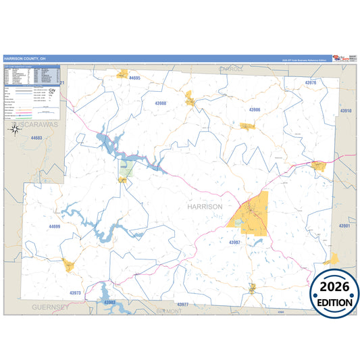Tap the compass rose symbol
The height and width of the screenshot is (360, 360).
[x=14, y=128]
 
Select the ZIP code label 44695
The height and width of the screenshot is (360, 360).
[x=134, y=78]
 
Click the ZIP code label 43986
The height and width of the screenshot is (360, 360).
[x=255, y=109]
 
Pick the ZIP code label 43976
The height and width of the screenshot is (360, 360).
[x=310, y=82]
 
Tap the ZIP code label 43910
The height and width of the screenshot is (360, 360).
[x=345, y=110]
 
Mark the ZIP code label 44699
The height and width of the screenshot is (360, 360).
[x=55, y=226]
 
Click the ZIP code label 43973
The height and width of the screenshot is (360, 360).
[x=75, y=292]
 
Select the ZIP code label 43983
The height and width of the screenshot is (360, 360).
[x=110, y=302]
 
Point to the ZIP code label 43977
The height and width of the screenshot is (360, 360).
[x=182, y=305]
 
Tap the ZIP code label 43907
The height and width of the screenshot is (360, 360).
[x=234, y=241]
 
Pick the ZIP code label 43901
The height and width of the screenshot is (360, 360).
[x=344, y=226]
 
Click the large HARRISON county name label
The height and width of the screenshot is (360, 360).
[x=204, y=206]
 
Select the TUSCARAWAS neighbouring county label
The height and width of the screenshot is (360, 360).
[x=37, y=126]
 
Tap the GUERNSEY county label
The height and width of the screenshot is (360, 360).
[x=50, y=307]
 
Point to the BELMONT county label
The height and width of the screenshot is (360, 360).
[x=169, y=311]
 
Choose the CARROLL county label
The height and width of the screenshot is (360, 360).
[x=231, y=69]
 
